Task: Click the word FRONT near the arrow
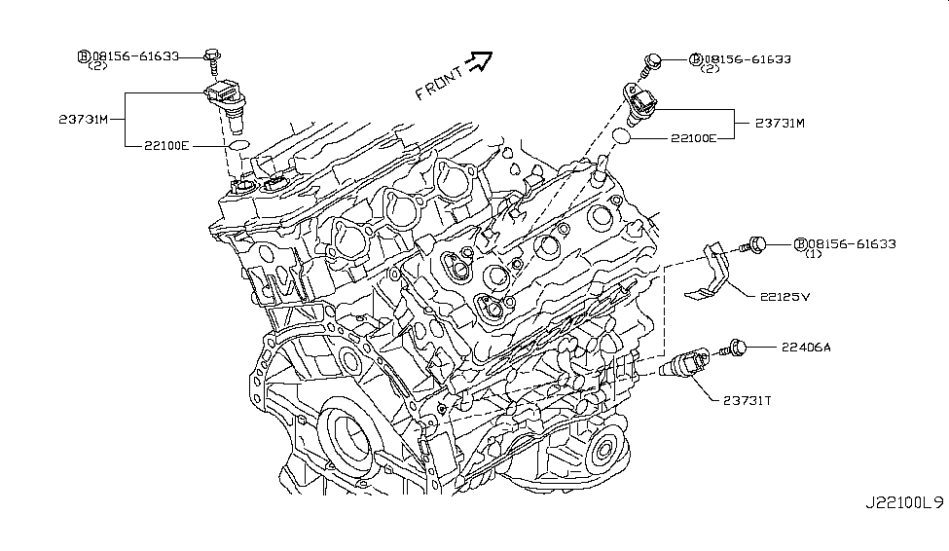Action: pos(439,81)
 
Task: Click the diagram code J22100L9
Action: pos(904,503)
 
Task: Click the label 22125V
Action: pos(780,298)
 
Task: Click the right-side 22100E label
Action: pos(693,138)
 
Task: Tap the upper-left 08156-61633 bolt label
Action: pos(133,56)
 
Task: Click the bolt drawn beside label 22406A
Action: pos(738,347)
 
